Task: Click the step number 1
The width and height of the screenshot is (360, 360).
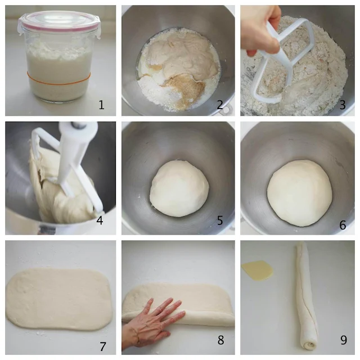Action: click(x=101, y=105)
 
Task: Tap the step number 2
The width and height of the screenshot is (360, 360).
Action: click(x=220, y=105)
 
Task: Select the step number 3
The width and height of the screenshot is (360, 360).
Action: click(x=343, y=105)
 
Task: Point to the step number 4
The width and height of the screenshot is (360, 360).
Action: click(x=100, y=220)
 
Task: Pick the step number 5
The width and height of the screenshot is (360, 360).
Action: click(x=220, y=220)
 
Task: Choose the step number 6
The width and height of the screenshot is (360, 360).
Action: click(x=343, y=226)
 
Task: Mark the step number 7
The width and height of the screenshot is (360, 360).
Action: click(x=102, y=346)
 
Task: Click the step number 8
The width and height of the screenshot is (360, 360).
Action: click(x=220, y=340)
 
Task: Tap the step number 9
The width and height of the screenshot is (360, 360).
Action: click(x=344, y=340)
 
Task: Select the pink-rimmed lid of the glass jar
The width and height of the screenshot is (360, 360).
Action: click(x=59, y=22)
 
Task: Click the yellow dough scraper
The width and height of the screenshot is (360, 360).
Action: click(x=257, y=270)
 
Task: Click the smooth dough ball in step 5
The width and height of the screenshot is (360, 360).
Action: click(x=179, y=188)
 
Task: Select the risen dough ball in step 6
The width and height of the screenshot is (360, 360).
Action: click(x=299, y=193)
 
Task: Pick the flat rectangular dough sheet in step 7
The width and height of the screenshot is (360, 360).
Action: click(x=59, y=299)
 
